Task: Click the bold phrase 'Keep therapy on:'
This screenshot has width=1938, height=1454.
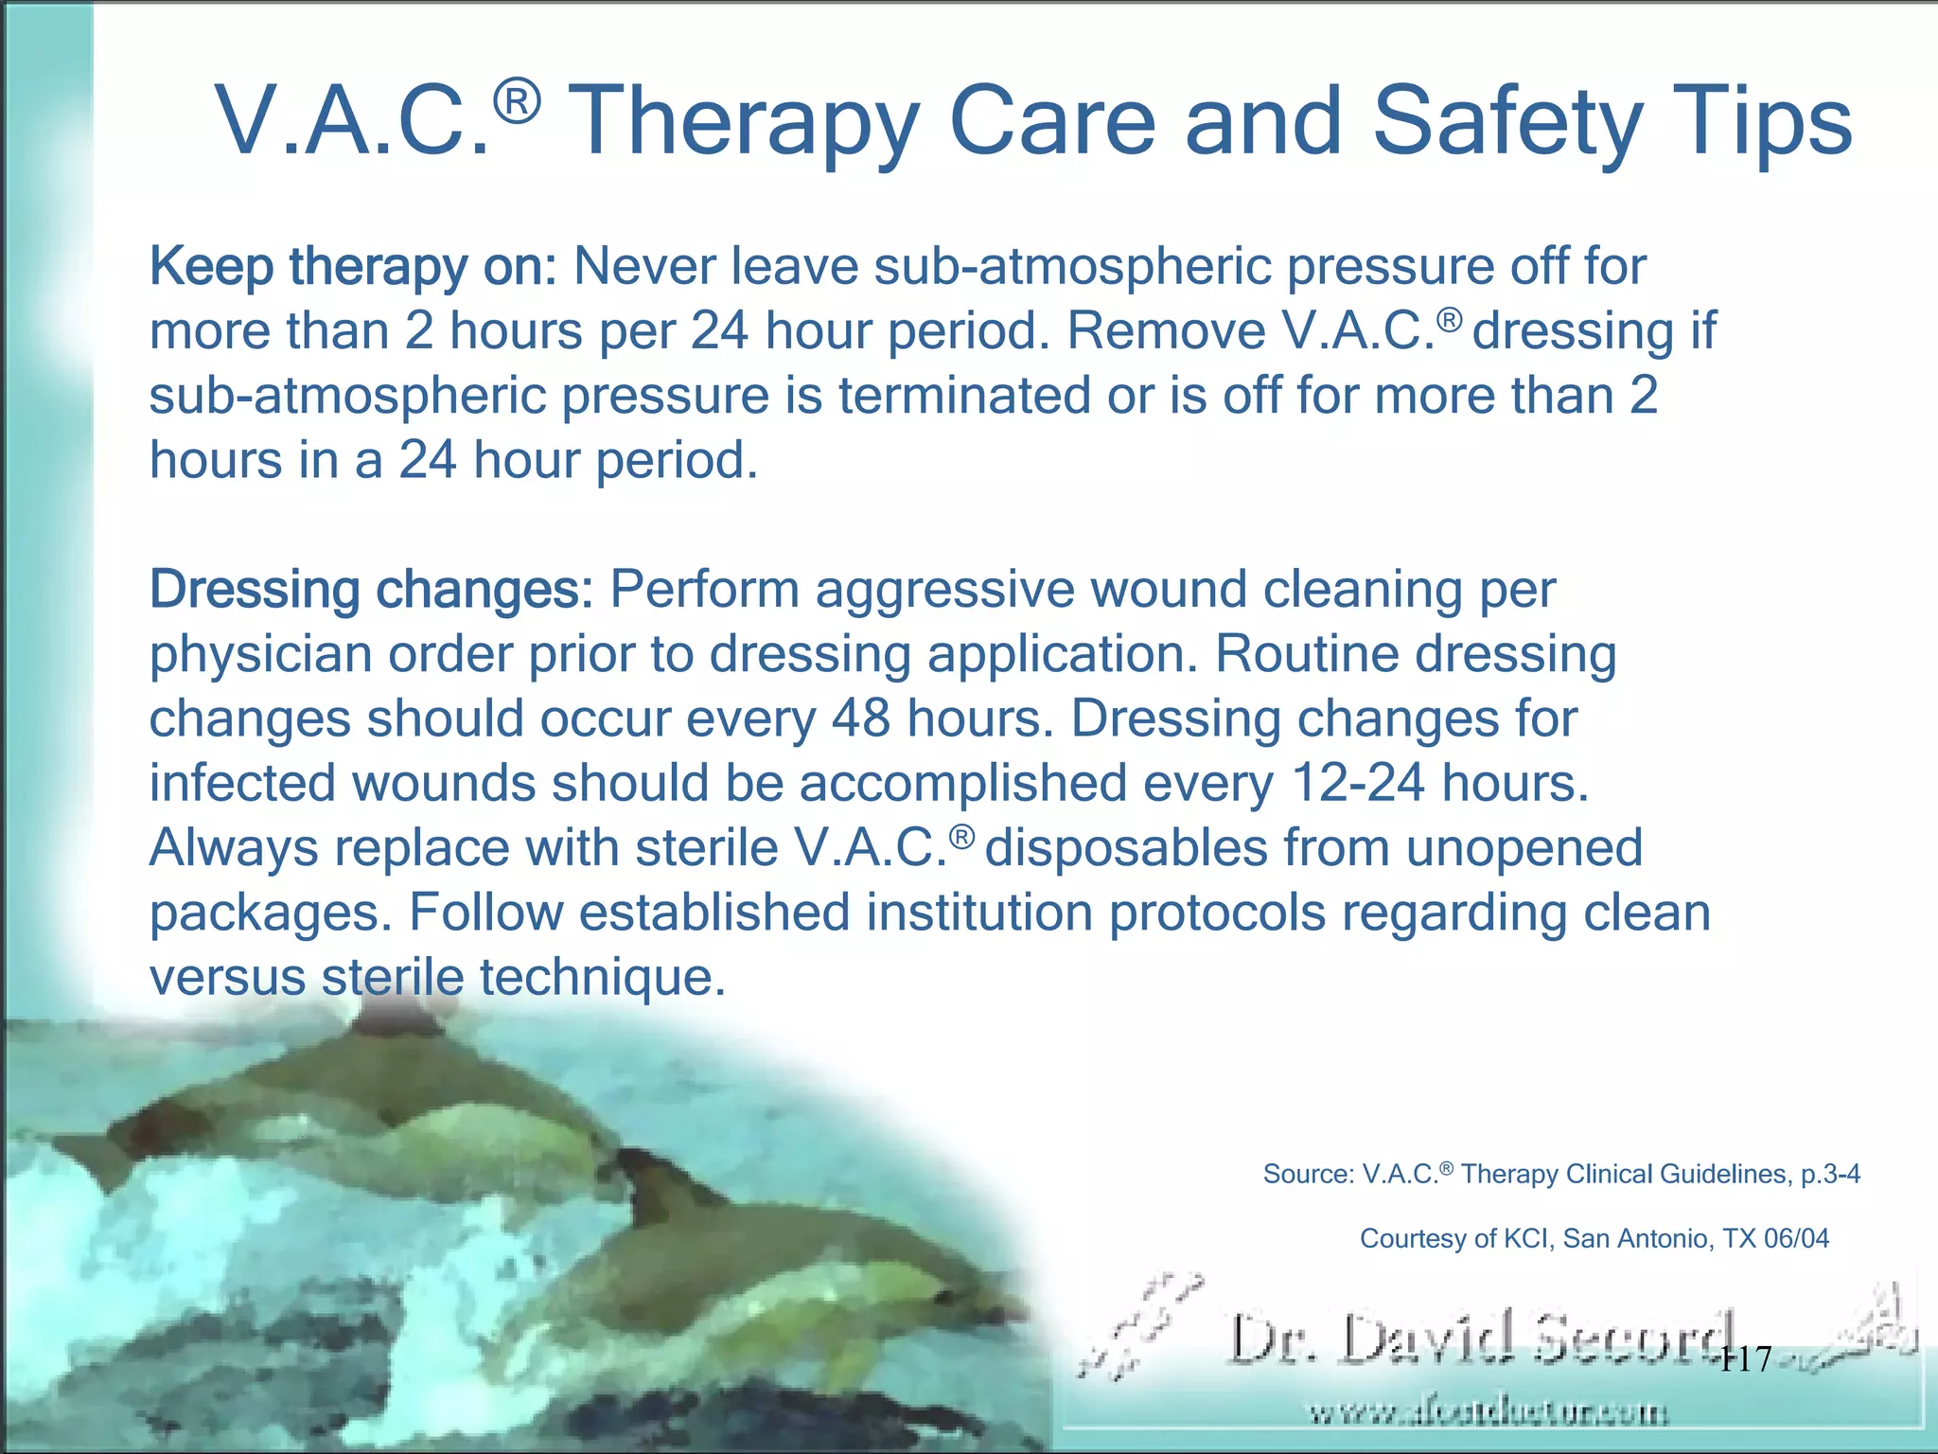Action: [x=353, y=267]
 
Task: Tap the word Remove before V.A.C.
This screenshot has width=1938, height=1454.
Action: [x=1166, y=331]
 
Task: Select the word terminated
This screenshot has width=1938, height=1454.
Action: [x=964, y=396]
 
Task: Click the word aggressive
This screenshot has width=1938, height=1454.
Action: [x=944, y=590]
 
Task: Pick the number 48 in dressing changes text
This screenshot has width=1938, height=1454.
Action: [x=861, y=718]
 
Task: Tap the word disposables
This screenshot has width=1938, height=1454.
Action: [x=1125, y=847]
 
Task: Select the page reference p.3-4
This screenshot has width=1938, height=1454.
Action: [x=1830, y=1175]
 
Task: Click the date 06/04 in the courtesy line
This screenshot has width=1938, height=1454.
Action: [x=1796, y=1239]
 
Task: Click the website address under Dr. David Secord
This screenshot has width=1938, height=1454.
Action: [x=1489, y=1414]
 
